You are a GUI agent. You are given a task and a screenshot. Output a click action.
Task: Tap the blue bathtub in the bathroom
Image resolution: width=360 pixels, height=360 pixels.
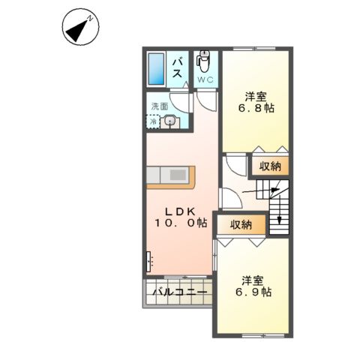pyautogui.click(x=156, y=70)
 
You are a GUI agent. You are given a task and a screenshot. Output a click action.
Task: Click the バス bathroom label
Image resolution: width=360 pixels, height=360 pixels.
pyautogui.click(x=180, y=68)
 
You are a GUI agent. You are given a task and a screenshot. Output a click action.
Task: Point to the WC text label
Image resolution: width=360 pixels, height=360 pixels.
pyautogui.click(x=205, y=78)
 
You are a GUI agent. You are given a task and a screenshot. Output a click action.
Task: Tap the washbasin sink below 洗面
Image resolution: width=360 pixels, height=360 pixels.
pyautogui.click(x=170, y=121)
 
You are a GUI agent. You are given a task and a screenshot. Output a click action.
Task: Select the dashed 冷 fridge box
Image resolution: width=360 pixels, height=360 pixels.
pyautogui.click(x=153, y=121)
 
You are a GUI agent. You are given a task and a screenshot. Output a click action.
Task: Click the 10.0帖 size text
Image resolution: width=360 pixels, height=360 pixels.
pyautogui.click(x=181, y=224)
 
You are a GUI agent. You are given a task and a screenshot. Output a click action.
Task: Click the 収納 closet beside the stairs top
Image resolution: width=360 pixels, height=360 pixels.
pyautogui.click(x=271, y=166)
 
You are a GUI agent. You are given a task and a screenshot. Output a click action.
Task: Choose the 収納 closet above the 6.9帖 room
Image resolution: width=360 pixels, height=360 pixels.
pyautogui.click(x=241, y=224)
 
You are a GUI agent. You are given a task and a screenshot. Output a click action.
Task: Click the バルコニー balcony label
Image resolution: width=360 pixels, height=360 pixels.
pyautogui.click(x=175, y=292)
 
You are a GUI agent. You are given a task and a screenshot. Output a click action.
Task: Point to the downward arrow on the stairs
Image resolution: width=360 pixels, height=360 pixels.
pyautogui.click(x=279, y=218)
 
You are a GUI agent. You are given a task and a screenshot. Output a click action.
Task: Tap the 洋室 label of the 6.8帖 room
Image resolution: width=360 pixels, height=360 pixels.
pyautogui.click(x=256, y=95)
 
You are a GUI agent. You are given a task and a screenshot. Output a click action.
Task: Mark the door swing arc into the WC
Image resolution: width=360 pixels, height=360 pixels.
pyautogui.click(x=205, y=101)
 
